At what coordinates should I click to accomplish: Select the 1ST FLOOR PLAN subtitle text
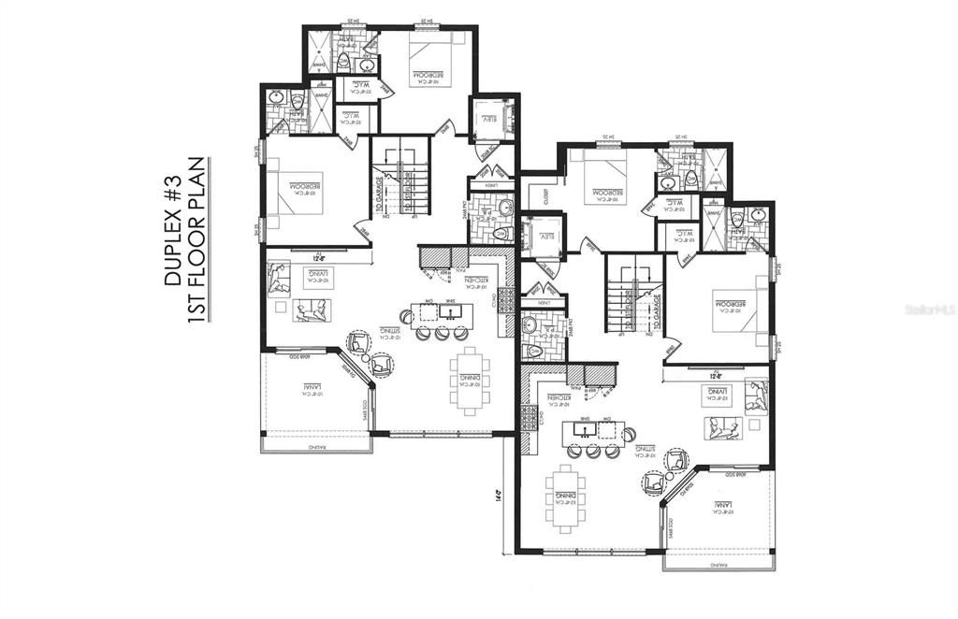(x=197, y=240)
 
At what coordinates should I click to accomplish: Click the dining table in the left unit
(x=467, y=380)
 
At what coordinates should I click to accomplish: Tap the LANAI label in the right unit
(x=721, y=506)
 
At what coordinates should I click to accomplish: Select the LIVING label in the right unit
(x=717, y=395)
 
